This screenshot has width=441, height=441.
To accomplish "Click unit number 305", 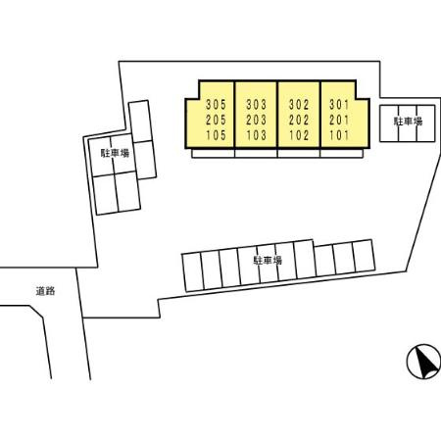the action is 216,105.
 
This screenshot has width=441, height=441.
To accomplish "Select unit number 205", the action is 216,120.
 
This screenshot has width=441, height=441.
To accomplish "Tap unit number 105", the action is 216,135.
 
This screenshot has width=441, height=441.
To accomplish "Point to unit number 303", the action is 257,105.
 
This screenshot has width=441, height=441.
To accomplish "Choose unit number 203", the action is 257,120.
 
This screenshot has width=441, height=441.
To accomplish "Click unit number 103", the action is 257,135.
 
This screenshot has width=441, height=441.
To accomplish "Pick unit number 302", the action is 299,105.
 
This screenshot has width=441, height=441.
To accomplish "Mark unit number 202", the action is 299,120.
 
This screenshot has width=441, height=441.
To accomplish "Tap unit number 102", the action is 299,135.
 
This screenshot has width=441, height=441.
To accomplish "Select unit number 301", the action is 339,105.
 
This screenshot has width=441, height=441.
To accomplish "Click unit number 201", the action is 339,120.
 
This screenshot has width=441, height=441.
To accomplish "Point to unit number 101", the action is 339,135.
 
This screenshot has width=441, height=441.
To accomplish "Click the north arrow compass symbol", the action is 423,362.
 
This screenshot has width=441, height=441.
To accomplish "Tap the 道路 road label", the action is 45,291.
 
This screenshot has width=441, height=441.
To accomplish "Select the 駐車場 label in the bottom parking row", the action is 268,261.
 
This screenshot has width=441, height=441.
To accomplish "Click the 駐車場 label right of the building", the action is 408,122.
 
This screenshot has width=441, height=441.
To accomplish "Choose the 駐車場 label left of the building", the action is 115,153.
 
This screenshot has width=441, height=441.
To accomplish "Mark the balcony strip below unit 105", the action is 213,154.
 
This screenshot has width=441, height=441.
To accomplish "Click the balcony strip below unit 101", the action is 341,154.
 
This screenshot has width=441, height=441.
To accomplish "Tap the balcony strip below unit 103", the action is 256,154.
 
